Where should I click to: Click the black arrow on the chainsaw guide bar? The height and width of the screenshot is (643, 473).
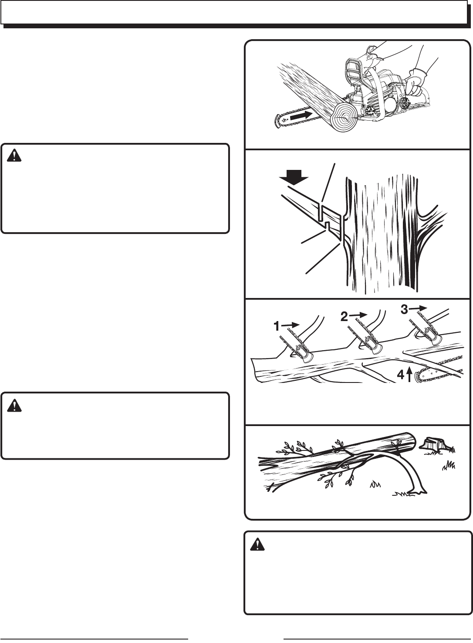click(x=301, y=116)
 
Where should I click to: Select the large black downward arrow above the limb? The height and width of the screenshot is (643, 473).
click(x=294, y=178)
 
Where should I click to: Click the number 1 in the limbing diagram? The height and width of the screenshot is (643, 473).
click(x=277, y=326)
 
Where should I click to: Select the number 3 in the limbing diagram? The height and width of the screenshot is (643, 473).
click(x=405, y=309)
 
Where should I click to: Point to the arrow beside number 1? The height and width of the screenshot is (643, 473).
click(x=291, y=325)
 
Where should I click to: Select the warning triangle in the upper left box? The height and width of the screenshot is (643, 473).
click(x=14, y=156)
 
